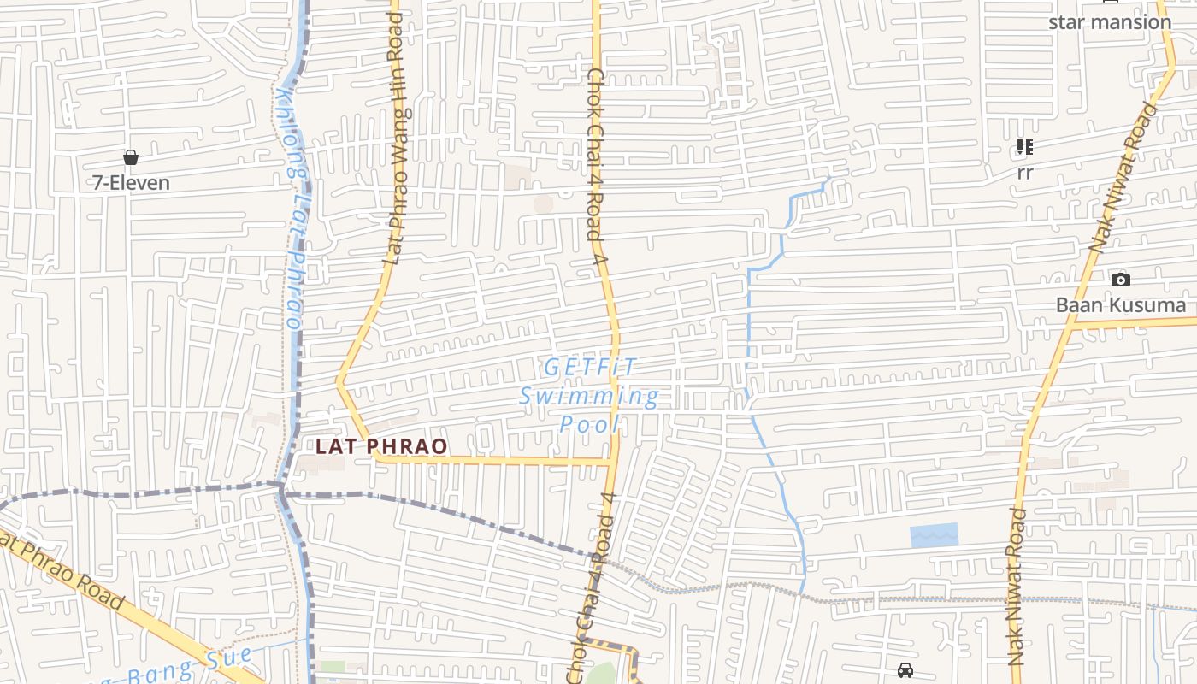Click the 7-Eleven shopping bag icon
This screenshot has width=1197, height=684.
pyautogui.click(x=131, y=157)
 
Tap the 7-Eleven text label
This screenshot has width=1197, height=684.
pyautogui.click(x=132, y=182)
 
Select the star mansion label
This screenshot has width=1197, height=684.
pyautogui.click(x=1109, y=22)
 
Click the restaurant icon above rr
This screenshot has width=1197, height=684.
pyautogui.click(x=1024, y=147)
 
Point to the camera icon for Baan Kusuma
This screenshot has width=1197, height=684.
pyautogui.click(x=1120, y=280)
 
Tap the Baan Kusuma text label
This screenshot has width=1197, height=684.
pyautogui.click(x=1120, y=305)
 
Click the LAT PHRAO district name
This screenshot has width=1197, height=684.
pyautogui.click(x=381, y=446)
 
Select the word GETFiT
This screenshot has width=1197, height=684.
pyautogui.click(x=590, y=368)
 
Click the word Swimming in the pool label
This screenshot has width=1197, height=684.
pyautogui.click(x=590, y=396)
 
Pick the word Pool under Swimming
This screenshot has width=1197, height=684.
pyautogui.click(x=590, y=424)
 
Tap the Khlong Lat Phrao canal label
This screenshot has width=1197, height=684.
pyautogui.click(x=292, y=209)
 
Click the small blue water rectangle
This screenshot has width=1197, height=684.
pyautogui.click(x=934, y=535)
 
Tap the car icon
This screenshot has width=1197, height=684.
pyautogui.click(x=905, y=669)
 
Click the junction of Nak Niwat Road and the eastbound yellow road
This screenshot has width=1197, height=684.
pyautogui.click(x=1071, y=326)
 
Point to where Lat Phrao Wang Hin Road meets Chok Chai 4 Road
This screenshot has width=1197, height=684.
pyautogui.click(x=612, y=463)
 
